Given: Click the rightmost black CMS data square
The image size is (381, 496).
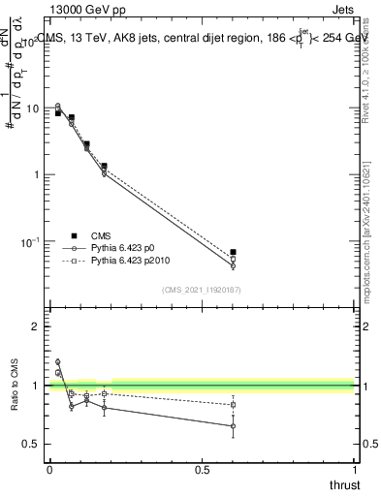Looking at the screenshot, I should [x=233, y=252].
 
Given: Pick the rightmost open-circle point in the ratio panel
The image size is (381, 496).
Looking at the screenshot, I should [x=233, y=425].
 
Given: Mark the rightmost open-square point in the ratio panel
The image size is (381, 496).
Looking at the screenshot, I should [x=233, y=405].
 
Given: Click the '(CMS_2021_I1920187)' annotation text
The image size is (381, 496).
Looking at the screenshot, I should [x=201, y=290].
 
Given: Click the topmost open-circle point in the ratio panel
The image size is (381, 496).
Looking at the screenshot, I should [x=57, y=362].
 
